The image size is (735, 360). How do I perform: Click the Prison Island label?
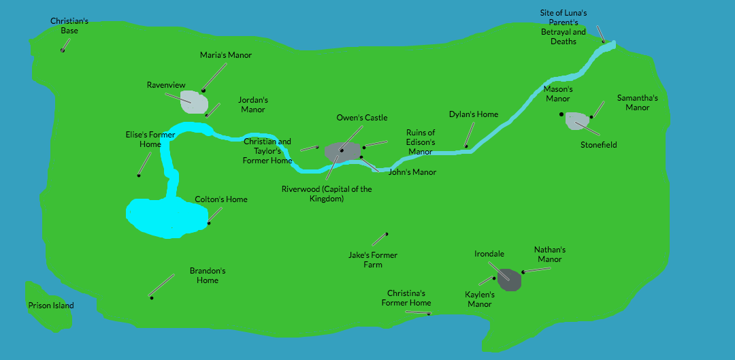coord(51,306)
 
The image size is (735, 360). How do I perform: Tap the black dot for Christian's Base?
coord(63,50)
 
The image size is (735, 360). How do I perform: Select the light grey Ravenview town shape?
coord(195,102)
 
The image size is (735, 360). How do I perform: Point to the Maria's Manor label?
coord(226,55)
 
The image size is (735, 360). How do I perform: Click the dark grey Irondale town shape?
coord(509,279)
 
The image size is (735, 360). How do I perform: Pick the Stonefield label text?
coord(599,145)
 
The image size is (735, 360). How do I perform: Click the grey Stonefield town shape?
coord(576,120)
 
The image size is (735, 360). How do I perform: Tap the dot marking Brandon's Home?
coord(151,297)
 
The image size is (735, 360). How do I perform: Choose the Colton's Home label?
coord(221,199)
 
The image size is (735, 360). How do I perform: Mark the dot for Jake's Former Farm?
coord(387,234)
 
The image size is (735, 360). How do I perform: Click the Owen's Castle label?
coord(362,118)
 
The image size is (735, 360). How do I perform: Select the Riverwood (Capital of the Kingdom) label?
coord(327,194)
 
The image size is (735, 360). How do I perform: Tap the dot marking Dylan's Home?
coord(465,146)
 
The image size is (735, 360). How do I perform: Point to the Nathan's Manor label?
coord(550,255)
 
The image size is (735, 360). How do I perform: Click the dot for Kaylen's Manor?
coord(494,278)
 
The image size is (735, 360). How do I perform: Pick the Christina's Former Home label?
coord(406,298)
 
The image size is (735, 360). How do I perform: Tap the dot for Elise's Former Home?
coord(139,176)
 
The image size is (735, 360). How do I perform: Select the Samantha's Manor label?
coord(638,103)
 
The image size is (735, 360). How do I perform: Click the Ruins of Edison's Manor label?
coord(421,142)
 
